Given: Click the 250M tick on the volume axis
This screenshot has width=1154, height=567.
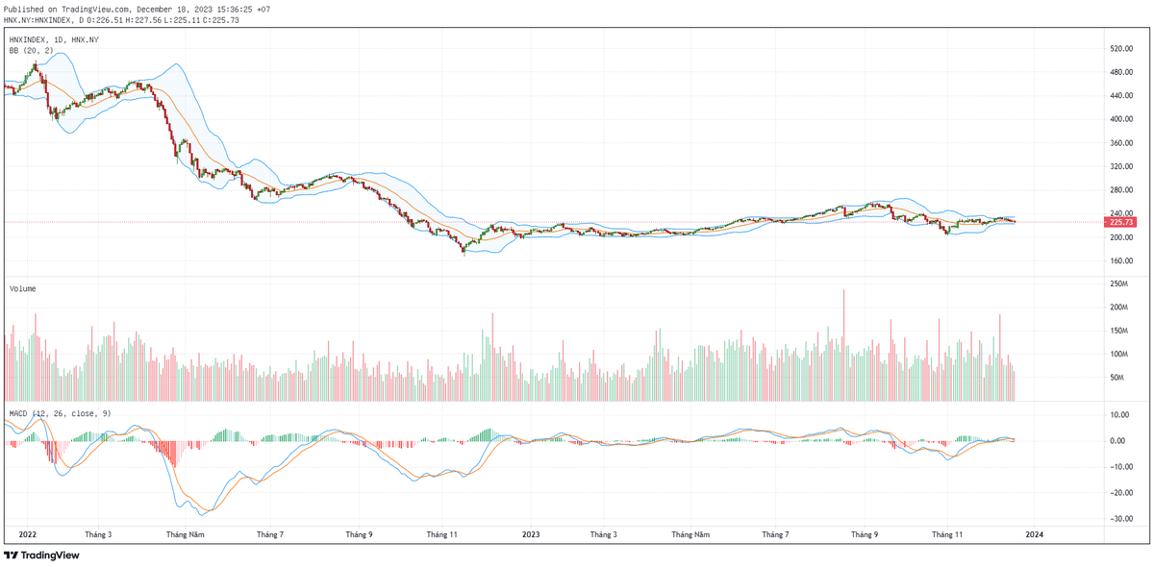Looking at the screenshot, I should point(1118,284).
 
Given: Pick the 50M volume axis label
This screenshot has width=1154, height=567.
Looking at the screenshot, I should point(1116,378).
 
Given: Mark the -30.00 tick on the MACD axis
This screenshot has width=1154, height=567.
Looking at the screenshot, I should point(1118,519).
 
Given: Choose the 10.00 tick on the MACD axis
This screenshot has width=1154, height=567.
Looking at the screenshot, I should point(1119,415).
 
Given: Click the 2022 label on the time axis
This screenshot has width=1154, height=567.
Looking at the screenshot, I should point(27,534).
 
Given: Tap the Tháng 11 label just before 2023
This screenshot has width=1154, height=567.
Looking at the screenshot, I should point(441,534).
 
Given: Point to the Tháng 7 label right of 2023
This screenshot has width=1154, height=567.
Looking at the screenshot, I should point(775,534).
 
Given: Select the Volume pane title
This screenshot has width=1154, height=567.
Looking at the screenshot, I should point(24,288).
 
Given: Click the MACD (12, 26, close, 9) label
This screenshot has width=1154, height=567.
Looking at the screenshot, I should point(60,413).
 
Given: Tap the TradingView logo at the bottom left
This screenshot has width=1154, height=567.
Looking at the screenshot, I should point(41,555).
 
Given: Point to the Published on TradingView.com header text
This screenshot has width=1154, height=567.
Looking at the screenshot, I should point(135,9).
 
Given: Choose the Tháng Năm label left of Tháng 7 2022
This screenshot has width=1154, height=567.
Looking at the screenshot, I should point(184,534).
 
